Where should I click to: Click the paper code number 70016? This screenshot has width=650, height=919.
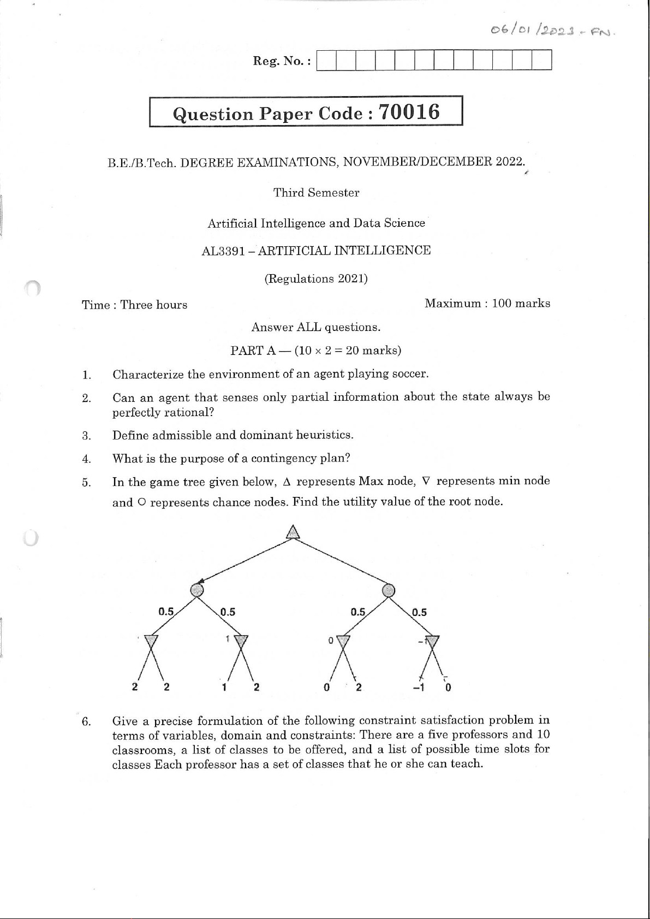[x=409, y=112]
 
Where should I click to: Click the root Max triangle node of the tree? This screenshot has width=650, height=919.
[x=294, y=532]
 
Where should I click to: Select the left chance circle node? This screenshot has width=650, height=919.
[x=197, y=589]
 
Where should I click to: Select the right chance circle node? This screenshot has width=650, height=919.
[x=388, y=590]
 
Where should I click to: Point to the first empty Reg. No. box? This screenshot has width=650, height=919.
[x=326, y=60]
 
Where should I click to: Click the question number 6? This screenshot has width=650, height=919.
[x=86, y=721]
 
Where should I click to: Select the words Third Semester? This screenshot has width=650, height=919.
[x=316, y=193]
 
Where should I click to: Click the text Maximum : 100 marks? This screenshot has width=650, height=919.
[x=487, y=304]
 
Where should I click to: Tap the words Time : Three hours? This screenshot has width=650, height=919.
[x=134, y=305]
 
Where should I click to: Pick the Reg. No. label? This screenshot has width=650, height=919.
[x=281, y=61]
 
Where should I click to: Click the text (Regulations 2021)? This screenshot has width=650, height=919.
[x=316, y=279]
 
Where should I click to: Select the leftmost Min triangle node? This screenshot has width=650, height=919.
[x=151, y=640]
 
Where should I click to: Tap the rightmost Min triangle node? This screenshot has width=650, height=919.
[x=432, y=641]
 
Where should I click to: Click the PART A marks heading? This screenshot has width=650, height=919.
[x=316, y=351]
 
